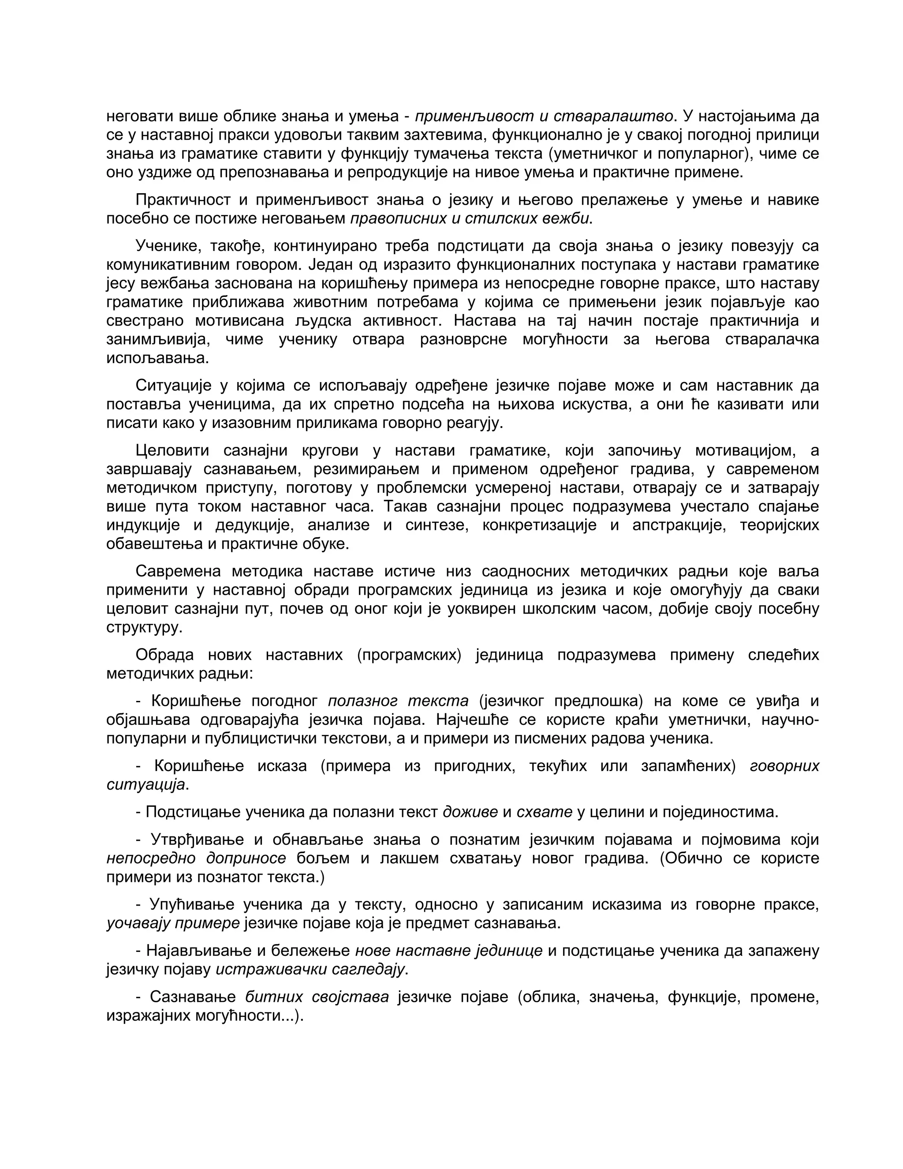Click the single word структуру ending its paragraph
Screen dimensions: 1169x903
145,627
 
